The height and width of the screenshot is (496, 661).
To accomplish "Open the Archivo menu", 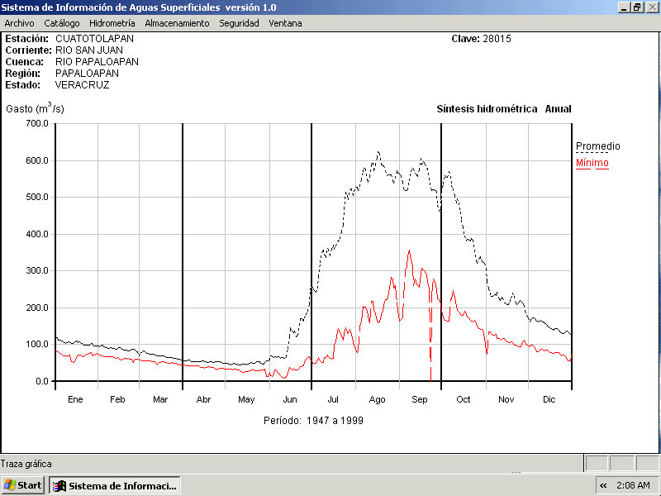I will click(19, 23).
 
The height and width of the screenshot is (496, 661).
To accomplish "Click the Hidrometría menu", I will click(112, 23).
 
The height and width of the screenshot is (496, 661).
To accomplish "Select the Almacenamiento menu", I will click(177, 23).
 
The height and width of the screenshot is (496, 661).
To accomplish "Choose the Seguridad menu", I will click(239, 23).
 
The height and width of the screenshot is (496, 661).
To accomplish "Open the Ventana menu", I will click(285, 23).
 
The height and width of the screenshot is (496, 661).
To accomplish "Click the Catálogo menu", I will click(62, 23).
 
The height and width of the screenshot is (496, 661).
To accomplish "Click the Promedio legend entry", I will click(597, 146).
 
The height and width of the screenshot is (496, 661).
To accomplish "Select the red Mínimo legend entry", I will click(592, 163).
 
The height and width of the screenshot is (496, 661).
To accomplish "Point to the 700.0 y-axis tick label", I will click(36, 123).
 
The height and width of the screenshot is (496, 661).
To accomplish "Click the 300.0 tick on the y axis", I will click(36, 270).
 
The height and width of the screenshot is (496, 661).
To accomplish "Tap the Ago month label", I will click(377, 400).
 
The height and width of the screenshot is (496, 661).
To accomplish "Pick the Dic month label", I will click(549, 400).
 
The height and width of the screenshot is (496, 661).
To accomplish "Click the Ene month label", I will click(75, 400).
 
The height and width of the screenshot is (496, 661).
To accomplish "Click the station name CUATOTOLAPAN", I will click(94, 39).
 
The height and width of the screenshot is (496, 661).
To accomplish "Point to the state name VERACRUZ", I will click(82, 85).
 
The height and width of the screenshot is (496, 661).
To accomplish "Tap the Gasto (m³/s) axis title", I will click(35, 108).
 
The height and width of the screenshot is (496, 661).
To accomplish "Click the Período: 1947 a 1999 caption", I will click(313, 421).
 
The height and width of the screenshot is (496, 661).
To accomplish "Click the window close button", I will click(652, 7).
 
